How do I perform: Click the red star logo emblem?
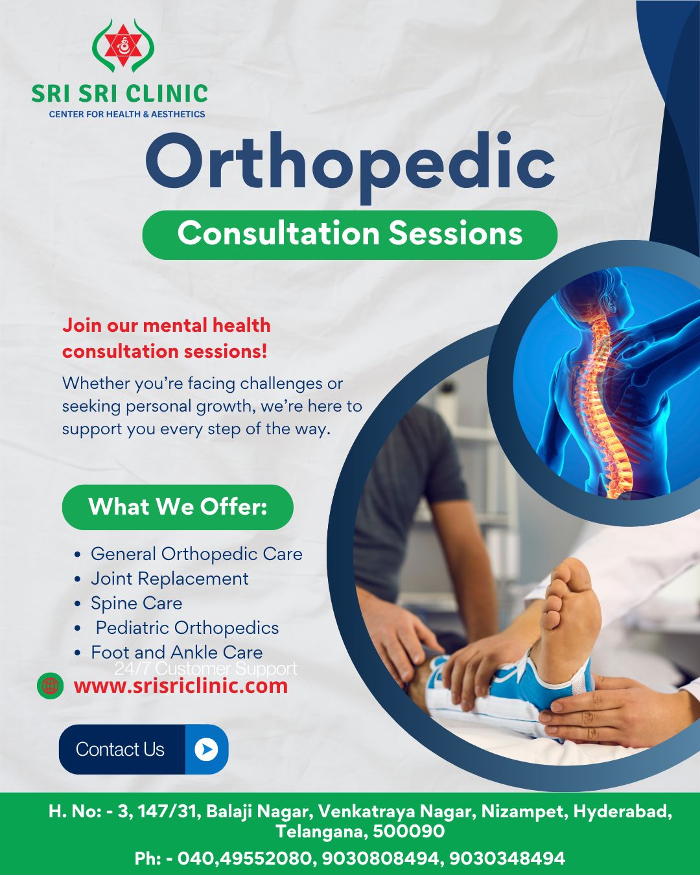click(x=123, y=45)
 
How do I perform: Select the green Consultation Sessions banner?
click(x=350, y=234)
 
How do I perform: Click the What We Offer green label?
click(x=178, y=507)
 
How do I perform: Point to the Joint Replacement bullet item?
click(x=169, y=578)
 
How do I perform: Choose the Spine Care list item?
click(x=136, y=603)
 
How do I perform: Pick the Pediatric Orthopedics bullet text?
click(x=187, y=627)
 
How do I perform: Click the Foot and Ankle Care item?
click(x=176, y=652)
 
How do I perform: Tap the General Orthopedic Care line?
click(x=196, y=554)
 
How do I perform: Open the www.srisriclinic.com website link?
click(x=180, y=686)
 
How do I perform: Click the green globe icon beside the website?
click(x=51, y=685)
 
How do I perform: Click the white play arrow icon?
click(x=206, y=749)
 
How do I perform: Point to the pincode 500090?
click(x=409, y=831)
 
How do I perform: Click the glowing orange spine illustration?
click(x=606, y=402)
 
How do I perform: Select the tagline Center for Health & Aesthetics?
click(x=127, y=114)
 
